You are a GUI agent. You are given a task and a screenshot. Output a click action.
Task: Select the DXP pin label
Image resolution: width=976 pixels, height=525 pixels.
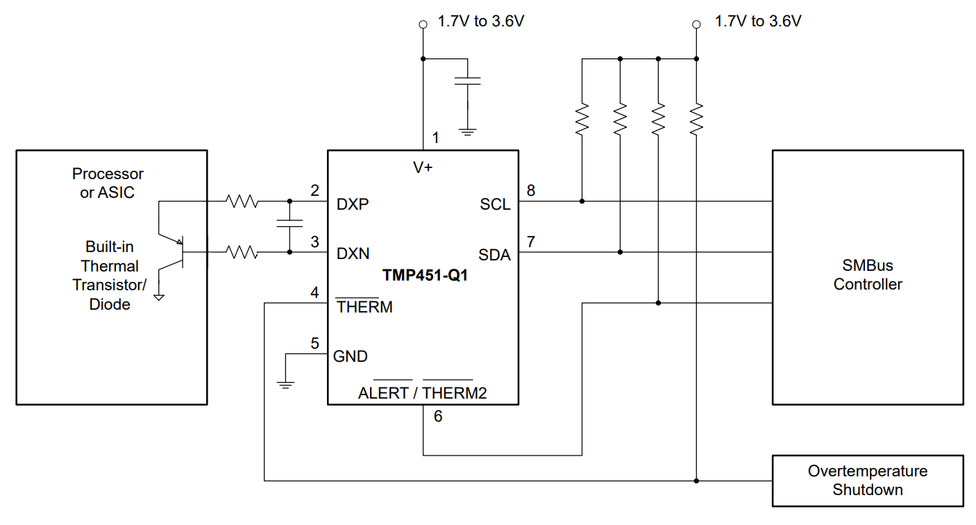click(x=353, y=205)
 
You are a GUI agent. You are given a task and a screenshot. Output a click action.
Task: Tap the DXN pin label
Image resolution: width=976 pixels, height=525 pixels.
click(x=353, y=254)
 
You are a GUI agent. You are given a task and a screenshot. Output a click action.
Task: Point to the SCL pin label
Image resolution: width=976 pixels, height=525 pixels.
click(x=495, y=205)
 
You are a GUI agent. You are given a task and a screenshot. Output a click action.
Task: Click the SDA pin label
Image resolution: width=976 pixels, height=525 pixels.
click(x=494, y=255)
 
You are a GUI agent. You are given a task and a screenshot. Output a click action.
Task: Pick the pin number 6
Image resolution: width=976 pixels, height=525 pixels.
click(x=437, y=417)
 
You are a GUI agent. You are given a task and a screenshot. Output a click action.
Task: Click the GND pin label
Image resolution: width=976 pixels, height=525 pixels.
click(x=351, y=356)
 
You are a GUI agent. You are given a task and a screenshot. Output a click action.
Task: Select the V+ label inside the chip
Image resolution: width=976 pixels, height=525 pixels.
click(x=423, y=167)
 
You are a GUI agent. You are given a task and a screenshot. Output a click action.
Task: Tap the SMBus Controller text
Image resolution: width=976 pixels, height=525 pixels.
click(x=868, y=275)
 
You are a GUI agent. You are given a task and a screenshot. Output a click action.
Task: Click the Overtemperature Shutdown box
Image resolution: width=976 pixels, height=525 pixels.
click(x=868, y=481)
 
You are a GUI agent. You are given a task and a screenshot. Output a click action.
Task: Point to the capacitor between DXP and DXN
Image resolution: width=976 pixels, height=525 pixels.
click(x=289, y=224)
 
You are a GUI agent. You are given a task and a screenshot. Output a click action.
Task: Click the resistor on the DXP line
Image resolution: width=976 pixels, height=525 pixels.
click(x=242, y=202)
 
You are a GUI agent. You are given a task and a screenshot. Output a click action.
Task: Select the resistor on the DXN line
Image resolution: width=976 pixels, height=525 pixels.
click(x=242, y=253)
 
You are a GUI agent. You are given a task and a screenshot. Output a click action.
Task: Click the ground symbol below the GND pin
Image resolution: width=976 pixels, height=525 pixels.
click(x=285, y=383)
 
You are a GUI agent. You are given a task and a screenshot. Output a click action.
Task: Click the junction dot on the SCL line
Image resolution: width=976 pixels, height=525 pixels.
click(x=582, y=201)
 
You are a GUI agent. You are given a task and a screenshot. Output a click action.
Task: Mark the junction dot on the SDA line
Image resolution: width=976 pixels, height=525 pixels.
click(x=620, y=252)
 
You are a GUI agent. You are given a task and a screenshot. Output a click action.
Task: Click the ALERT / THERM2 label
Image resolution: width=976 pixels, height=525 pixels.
click(x=422, y=393)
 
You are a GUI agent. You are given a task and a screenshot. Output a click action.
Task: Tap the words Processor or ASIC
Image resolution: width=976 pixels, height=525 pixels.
click(x=108, y=183)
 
